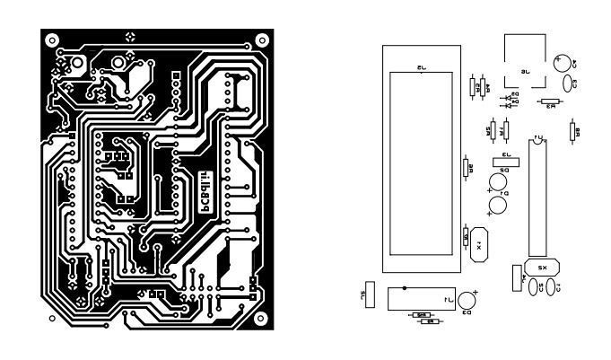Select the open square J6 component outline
tap(526, 60)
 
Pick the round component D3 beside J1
tap(467, 301)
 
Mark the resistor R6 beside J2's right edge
tap(467, 168)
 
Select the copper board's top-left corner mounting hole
tap(51, 40)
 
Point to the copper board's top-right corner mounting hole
tap(261, 40)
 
